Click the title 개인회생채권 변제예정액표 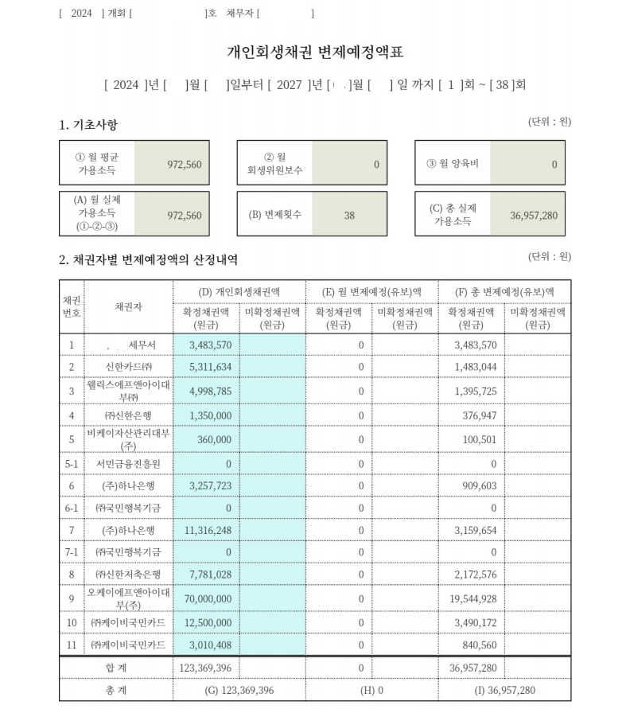click(x=315, y=53)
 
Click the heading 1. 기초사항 click(x=88, y=125)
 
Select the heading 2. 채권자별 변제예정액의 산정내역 click(x=148, y=260)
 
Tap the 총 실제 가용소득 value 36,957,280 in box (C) click(x=533, y=215)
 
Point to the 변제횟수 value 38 click(x=349, y=215)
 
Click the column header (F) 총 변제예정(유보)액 click(x=504, y=291)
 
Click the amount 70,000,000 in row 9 click(x=205, y=599)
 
